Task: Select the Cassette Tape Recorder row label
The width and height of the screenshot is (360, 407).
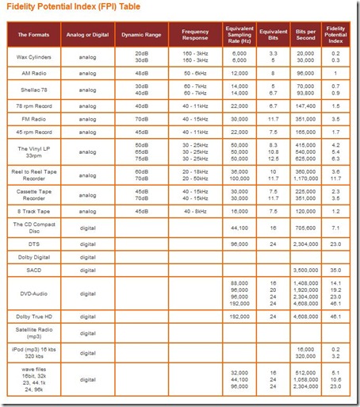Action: tap(36, 194)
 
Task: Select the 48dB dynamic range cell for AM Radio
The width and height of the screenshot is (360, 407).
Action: tap(142, 72)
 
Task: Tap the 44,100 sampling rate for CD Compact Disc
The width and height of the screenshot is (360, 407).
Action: tap(238, 228)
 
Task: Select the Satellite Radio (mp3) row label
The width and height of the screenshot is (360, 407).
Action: tap(36, 332)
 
